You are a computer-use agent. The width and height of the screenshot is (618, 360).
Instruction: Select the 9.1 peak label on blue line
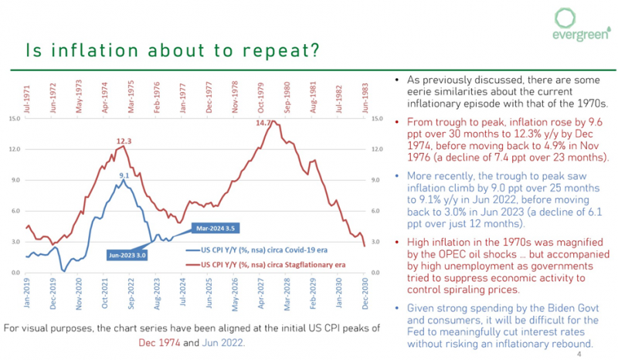(x=124, y=175)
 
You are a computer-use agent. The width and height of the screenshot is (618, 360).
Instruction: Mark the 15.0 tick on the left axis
(x=15, y=118)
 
